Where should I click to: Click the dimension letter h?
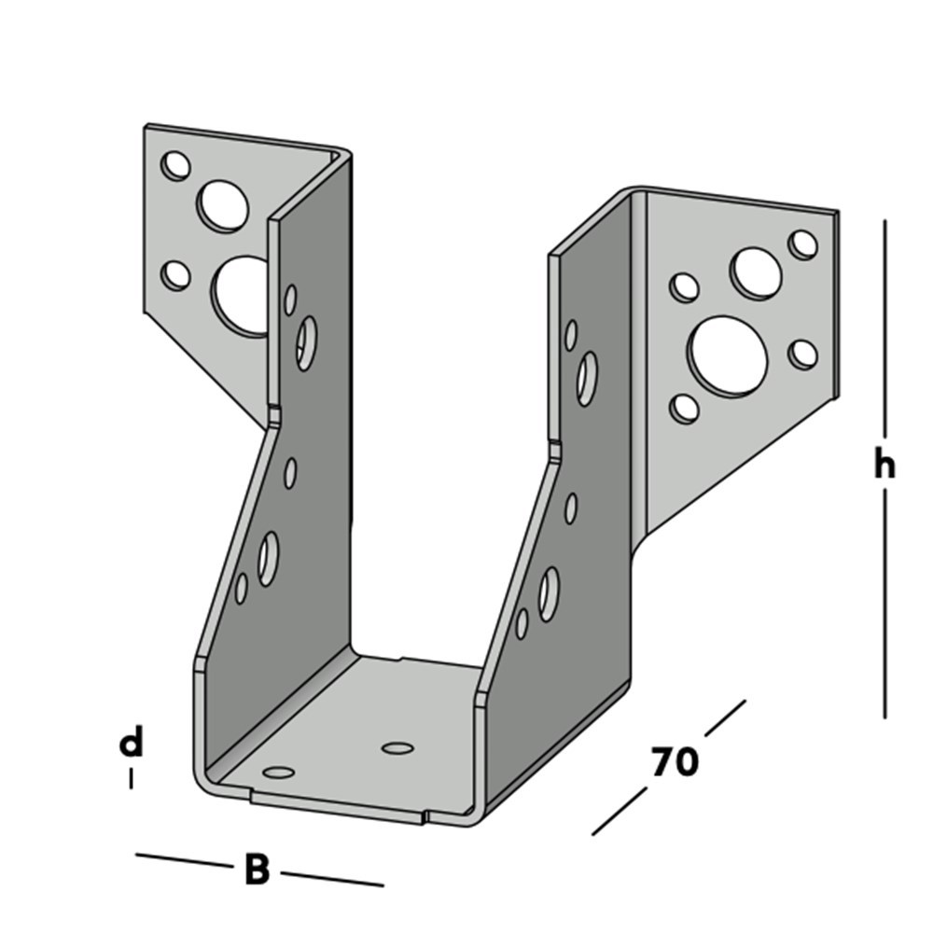(884, 465)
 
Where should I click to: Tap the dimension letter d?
(132, 744)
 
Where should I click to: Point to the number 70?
(674, 762)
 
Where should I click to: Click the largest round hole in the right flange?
(728, 355)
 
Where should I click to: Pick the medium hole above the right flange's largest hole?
(756, 272)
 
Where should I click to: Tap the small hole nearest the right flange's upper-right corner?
(802, 244)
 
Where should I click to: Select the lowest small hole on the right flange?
(685, 408)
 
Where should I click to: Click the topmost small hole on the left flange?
(174, 166)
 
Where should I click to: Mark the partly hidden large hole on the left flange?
(241, 296)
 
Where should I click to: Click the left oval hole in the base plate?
(277, 772)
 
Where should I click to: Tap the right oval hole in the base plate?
(397, 747)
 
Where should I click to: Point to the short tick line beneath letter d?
(131, 777)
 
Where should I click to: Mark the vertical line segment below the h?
(884, 606)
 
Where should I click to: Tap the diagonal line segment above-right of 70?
(725, 717)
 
